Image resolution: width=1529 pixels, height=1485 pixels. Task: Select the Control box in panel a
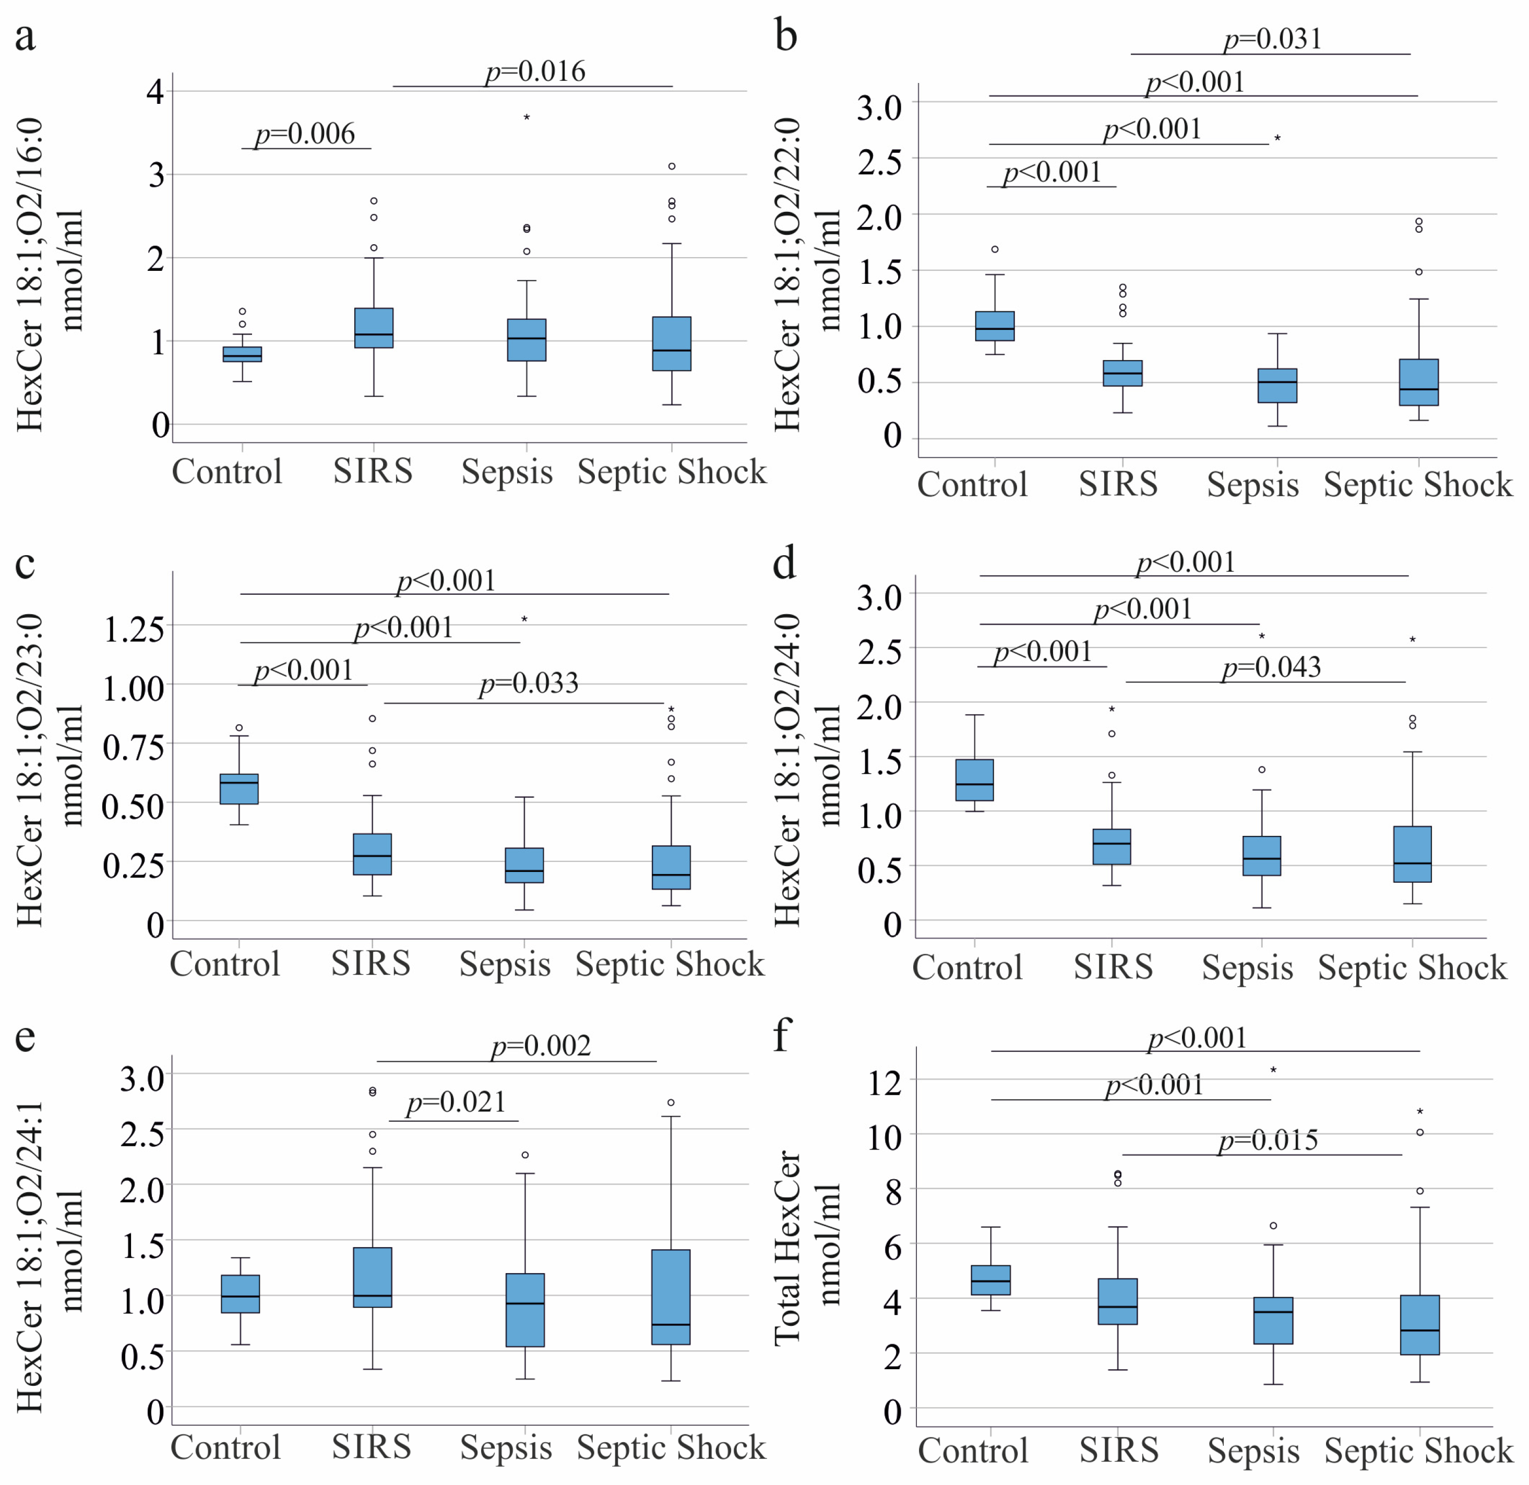243,354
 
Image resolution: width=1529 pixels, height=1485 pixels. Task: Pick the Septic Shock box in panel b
1419,382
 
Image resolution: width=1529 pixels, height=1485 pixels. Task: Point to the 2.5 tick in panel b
880,161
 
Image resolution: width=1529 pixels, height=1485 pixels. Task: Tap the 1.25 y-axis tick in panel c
134,629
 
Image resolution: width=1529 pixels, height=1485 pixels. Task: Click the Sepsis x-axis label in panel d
1247,968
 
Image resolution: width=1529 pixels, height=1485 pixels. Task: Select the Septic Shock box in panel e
671,1297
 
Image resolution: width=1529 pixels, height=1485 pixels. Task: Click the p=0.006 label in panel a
305,134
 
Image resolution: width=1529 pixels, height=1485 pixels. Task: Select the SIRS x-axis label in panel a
373,471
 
